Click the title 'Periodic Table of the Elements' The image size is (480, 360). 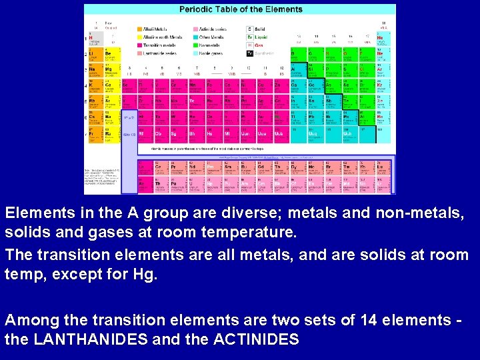coord(240,9)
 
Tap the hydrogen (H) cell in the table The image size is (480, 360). coord(94,39)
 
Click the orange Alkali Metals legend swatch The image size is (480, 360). coord(140,29)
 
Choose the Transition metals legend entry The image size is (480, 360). coord(159,45)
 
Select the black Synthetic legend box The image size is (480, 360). coord(250,53)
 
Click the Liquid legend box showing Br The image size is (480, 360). coord(250,37)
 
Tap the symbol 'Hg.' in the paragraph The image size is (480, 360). coord(145,273)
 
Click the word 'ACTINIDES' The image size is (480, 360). coord(256,339)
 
